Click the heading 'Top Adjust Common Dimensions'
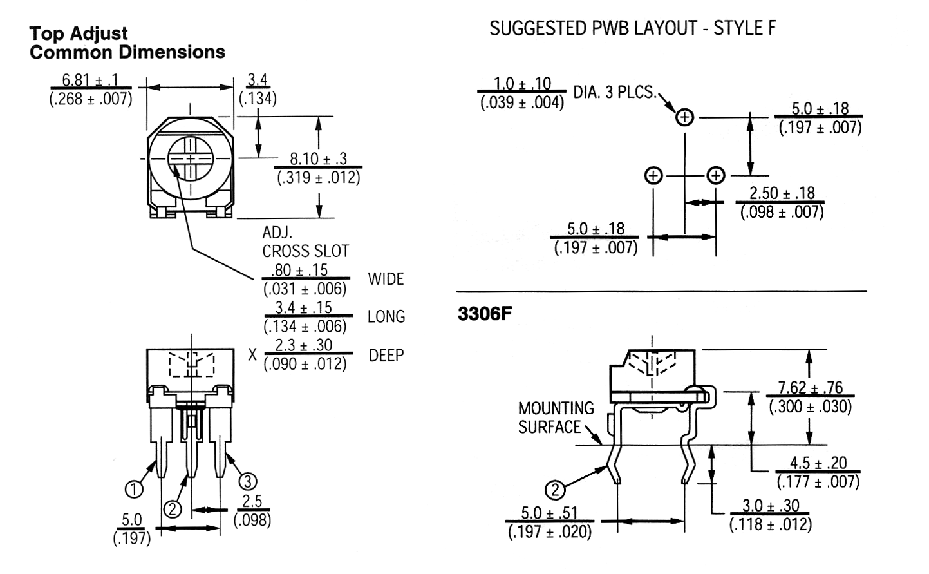(127, 43)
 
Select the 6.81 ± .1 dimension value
(90, 80)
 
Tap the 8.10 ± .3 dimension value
(318, 158)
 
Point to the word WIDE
(386, 279)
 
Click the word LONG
(386, 316)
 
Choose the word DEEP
(386, 355)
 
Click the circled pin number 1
(134, 490)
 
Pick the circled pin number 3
(248, 481)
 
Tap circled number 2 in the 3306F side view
(556, 490)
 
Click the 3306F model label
(485, 314)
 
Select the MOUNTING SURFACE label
(556, 417)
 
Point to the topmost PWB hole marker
(685, 117)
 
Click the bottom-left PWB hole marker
(653, 176)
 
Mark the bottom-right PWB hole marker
(716, 176)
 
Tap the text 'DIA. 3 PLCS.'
(615, 91)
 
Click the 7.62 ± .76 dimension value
(811, 387)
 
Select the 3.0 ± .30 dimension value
(771, 506)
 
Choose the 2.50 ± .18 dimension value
(782, 193)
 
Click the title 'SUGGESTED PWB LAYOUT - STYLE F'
(632, 28)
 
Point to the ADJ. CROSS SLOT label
(306, 242)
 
